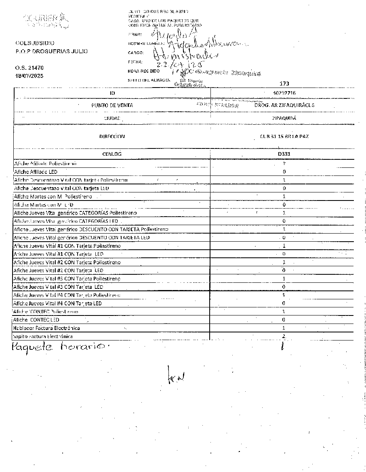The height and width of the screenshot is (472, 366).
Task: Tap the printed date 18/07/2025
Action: point(29,76)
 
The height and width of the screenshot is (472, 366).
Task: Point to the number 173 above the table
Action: point(284,84)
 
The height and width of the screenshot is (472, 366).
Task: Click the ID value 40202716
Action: point(284,93)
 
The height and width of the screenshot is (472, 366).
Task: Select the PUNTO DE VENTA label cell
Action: point(112,105)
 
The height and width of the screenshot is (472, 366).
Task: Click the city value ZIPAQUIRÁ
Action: point(284,118)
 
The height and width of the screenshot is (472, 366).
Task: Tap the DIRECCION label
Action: point(112,136)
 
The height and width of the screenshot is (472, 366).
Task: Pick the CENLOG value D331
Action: point(284,154)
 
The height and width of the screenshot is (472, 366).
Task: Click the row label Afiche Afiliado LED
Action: point(36,172)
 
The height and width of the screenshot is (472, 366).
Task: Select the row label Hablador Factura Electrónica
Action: point(46,328)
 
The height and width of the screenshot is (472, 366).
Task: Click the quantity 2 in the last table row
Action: point(284,336)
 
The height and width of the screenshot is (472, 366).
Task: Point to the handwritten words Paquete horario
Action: point(58,346)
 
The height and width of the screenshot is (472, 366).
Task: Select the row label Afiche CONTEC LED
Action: point(36,320)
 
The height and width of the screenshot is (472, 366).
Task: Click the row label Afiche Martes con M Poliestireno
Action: point(53,196)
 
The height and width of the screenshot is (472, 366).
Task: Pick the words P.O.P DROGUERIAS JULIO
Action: point(51,51)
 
